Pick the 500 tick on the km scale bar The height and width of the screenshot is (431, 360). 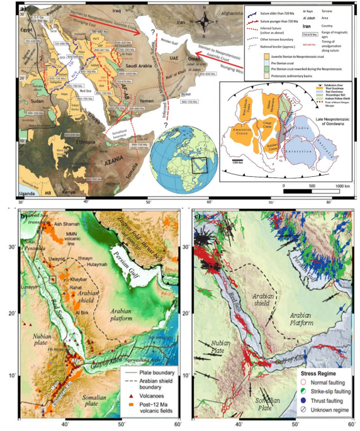tap(310, 187)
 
